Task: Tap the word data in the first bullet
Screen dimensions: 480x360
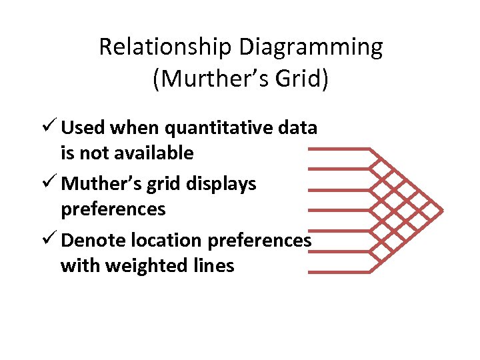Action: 297,127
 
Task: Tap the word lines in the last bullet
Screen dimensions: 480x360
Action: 211,266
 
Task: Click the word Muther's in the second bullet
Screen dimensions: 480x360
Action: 100,183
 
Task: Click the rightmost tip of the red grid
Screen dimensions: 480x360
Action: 442,210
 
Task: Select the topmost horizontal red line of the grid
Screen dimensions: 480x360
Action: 340,149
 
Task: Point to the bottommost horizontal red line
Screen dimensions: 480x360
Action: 340,272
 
